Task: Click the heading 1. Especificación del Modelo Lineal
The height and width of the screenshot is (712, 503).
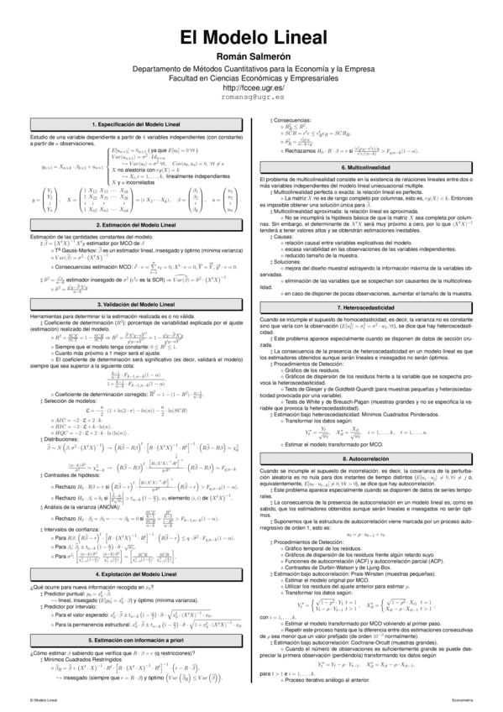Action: coord(136,124)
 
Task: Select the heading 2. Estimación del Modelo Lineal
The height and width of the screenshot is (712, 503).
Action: coord(136,226)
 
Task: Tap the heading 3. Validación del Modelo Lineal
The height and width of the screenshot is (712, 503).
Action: coord(136,303)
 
